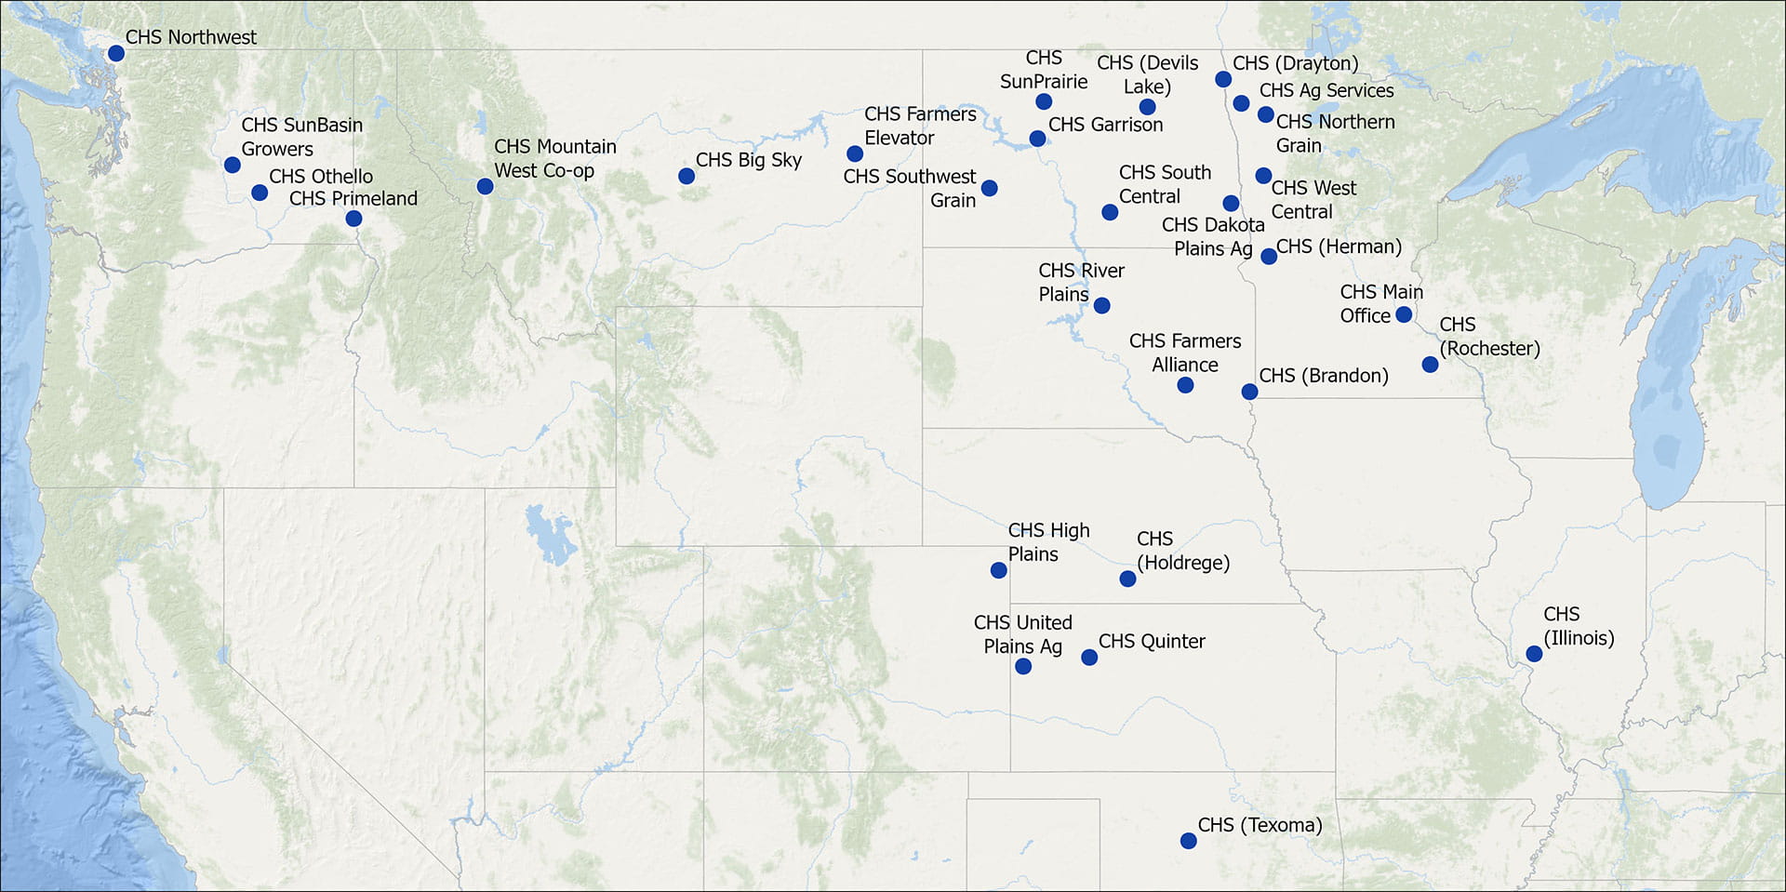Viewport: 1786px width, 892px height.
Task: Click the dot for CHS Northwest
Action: pos(116,53)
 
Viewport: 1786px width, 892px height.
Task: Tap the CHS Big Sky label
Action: pos(748,160)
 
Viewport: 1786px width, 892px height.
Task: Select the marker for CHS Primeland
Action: pos(353,219)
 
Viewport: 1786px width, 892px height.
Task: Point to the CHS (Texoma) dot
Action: pos(1188,841)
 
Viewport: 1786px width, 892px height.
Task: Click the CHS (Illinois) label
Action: pos(1579,626)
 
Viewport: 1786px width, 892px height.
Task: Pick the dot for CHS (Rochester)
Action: pos(1430,365)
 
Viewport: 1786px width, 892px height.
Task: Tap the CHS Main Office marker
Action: pos(1404,315)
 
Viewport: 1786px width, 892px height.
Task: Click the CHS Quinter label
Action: pos(1152,642)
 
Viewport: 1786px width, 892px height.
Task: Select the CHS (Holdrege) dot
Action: pos(1127,579)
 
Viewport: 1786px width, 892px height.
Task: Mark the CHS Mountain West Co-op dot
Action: pos(485,186)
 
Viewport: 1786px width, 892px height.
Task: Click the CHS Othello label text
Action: pos(321,177)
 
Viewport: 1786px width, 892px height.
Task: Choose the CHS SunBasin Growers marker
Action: pos(233,165)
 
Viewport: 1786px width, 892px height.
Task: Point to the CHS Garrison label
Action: pos(1105,125)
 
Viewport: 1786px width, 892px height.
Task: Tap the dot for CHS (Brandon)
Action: pos(1249,392)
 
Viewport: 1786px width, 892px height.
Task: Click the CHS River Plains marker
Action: pos(1101,305)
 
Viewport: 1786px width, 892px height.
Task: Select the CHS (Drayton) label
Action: pos(1295,63)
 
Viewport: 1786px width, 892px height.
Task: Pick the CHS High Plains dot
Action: pos(998,570)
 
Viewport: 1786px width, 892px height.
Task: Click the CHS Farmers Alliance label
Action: pos(1185,353)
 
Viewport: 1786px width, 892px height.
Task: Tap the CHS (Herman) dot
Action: pos(1269,256)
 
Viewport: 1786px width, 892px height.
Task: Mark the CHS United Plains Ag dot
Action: pos(1022,666)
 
